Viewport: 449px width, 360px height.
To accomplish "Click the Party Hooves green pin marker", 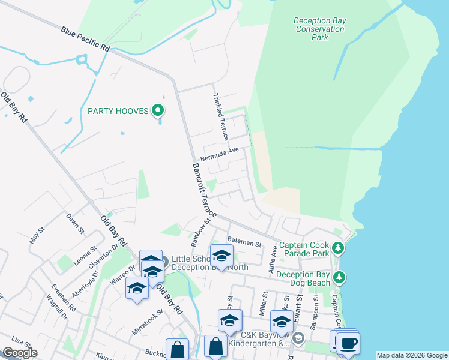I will [158, 110].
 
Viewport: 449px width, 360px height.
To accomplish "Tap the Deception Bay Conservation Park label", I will [319, 29].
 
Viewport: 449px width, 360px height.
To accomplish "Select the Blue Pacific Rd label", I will [86, 38].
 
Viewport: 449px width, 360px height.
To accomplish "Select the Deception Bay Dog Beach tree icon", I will [340, 277].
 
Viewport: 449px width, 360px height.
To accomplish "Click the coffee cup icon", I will [348, 343].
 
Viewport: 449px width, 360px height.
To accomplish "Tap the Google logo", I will [20, 353].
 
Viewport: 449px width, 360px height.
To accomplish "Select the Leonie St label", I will [86, 252].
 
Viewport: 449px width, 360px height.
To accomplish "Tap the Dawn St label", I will [74, 221].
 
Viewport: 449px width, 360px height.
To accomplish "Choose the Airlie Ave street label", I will [274, 263].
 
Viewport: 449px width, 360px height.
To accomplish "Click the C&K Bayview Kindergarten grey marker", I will [298, 340].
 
